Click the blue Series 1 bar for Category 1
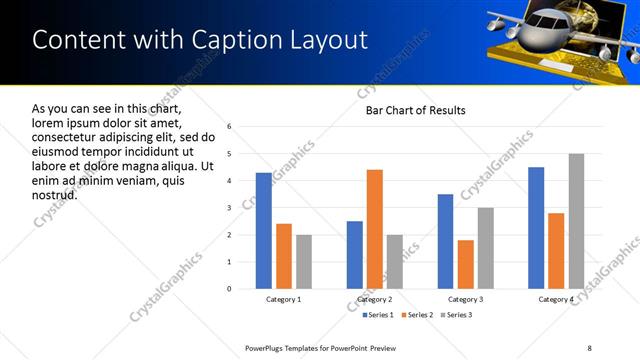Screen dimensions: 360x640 (x=264, y=231)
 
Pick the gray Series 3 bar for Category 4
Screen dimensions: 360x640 (x=576, y=221)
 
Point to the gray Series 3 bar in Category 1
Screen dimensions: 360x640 (x=304, y=262)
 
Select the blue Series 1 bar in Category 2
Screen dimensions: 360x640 (x=355, y=255)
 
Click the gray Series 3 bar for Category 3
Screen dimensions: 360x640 (x=486, y=248)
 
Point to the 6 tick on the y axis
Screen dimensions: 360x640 (x=229, y=127)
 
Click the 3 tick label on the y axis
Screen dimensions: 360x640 (x=229, y=208)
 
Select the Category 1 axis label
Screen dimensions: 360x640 (x=284, y=299)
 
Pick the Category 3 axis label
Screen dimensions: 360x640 (x=466, y=299)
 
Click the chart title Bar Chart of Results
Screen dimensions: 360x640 (x=415, y=110)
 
